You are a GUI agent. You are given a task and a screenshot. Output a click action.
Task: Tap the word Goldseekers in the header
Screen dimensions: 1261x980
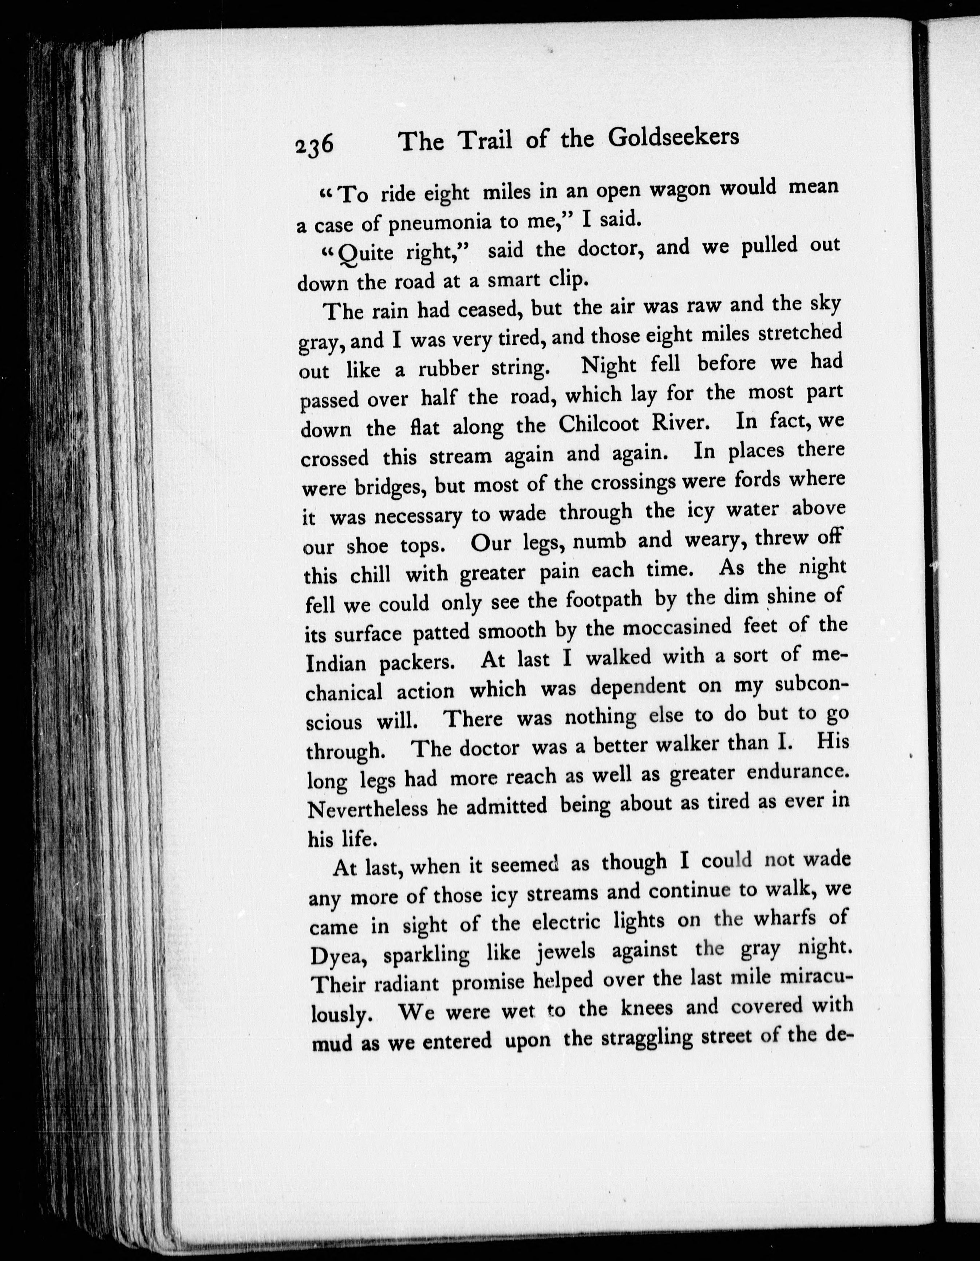tap(673, 137)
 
